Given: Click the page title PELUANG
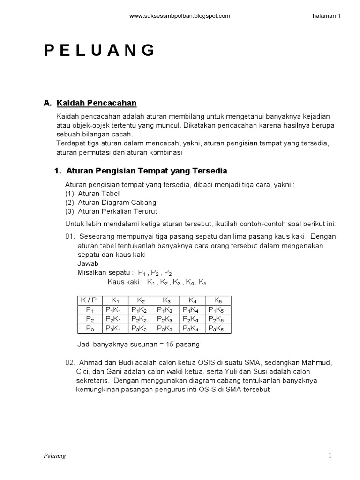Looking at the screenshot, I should (x=100, y=50).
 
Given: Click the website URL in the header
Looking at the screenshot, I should (x=180, y=15).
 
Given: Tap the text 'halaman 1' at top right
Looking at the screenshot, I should (x=326, y=15).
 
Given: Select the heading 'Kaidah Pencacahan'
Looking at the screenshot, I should (x=97, y=103).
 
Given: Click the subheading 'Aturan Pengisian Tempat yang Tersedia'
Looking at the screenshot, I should (x=147, y=171).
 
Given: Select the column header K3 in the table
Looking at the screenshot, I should (x=167, y=300).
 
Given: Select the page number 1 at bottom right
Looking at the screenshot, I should (x=330, y=456).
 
